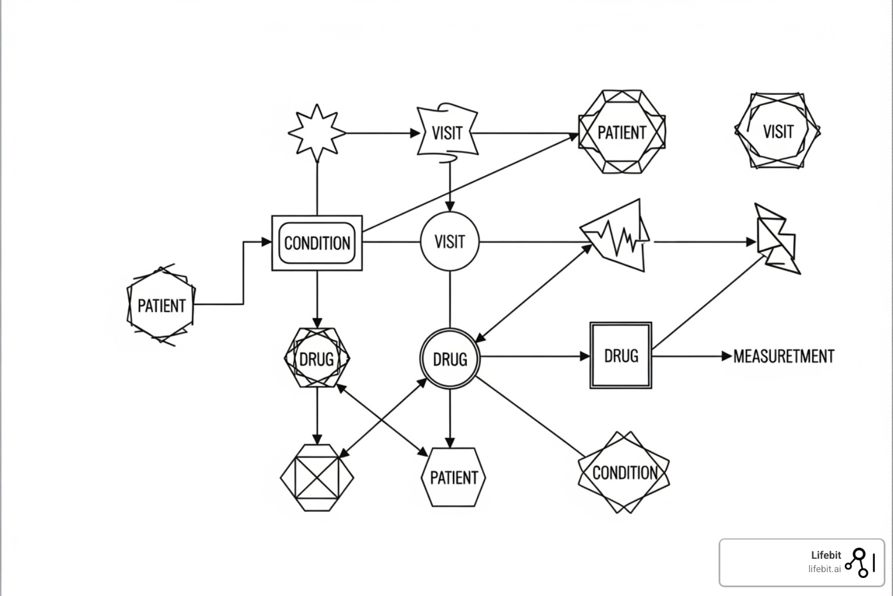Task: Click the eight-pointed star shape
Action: (317, 133)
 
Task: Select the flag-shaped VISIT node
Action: (447, 132)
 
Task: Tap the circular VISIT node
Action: (449, 241)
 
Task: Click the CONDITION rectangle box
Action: (317, 243)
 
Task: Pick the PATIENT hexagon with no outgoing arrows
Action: (621, 132)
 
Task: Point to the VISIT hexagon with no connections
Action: (777, 131)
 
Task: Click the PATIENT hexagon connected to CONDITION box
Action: (161, 305)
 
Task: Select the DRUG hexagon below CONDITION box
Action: (317, 358)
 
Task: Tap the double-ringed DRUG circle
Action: (449, 359)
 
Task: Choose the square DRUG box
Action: (620, 355)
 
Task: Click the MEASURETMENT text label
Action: (784, 356)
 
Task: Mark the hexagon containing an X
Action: (317, 478)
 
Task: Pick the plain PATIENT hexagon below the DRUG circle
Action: (453, 477)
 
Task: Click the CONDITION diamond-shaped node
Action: (624, 472)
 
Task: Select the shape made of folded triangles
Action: (777, 239)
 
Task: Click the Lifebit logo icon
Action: (859, 562)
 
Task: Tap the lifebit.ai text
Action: (824, 569)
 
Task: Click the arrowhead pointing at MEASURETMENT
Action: (727, 356)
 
